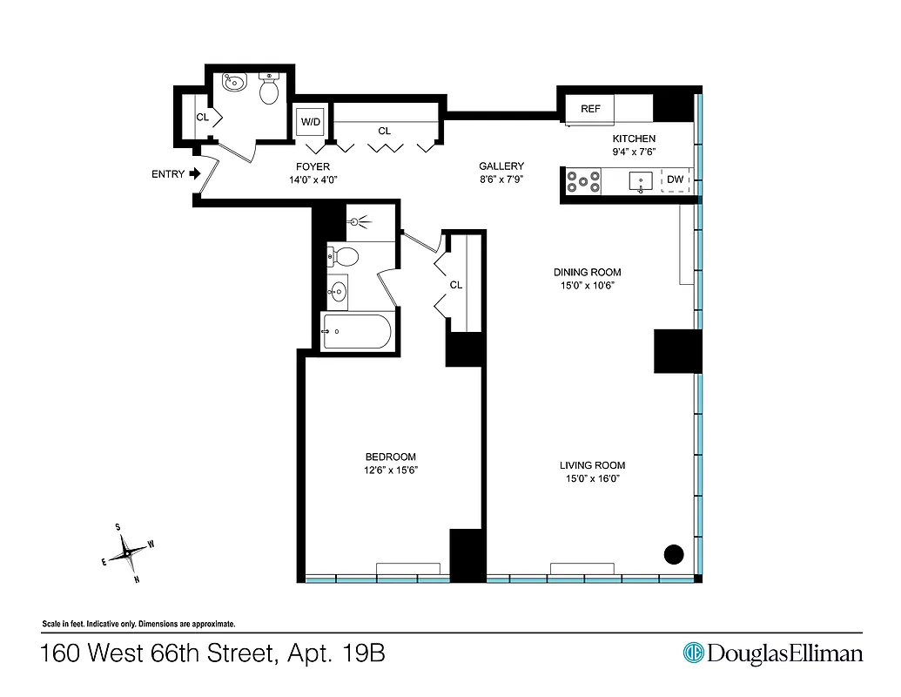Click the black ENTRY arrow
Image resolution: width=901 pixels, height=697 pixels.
tap(196, 173)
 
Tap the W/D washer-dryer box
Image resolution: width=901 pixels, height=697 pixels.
tap(310, 122)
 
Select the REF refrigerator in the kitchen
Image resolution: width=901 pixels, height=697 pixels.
tap(590, 110)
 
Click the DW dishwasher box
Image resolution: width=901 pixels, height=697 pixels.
tap(676, 181)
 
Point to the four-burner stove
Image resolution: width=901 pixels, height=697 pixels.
tap(583, 181)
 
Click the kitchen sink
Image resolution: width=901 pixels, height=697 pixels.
tap(642, 182)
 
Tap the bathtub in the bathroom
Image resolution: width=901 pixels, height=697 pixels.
tap(357, 331)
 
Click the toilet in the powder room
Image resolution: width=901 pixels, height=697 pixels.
tap(269, 88)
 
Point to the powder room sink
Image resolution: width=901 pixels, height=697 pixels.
tap(234, 84)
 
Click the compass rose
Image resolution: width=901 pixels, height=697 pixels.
tap(127, 552)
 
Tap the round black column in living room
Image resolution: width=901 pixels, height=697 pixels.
tap(674, 552)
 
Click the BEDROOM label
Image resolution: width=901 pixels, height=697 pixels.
tap(390, 457)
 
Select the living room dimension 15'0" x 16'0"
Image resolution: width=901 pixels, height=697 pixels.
tap(592, 478)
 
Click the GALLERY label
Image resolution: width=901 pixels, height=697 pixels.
tap(501, 166)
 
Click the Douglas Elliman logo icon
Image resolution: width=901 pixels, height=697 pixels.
tap(693, 653)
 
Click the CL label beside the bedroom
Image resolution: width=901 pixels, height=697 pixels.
tap(455, 285)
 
